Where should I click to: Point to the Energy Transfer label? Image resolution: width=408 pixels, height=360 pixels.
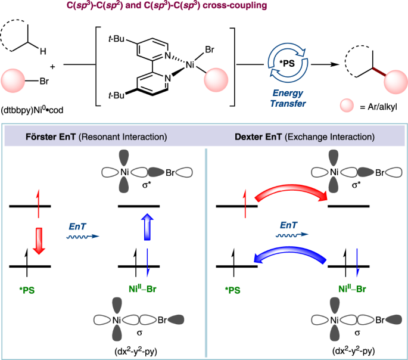pos(284,97)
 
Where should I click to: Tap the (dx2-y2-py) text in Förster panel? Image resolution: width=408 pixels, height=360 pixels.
pos(137,350)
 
